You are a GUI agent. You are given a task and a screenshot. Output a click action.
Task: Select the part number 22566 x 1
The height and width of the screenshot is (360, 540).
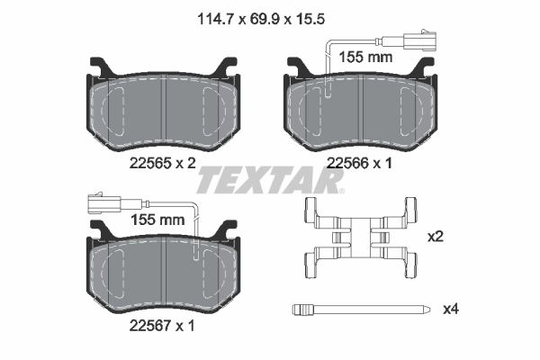(x=361, y=163)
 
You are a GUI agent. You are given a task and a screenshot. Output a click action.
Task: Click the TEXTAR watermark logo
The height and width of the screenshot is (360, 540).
(x=270, y=182)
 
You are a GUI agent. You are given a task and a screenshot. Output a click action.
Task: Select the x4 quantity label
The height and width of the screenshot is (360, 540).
(x=451, y=309)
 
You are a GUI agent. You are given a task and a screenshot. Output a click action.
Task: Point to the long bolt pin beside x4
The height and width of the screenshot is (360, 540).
(x=360, y=310)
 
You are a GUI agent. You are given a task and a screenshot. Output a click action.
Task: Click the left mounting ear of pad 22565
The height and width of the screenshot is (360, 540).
(x=99, y=67)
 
